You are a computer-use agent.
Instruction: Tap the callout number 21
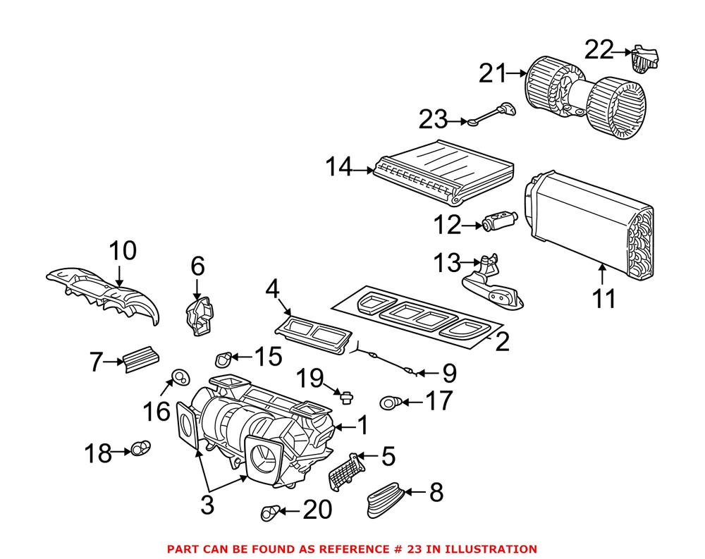click(493, 73)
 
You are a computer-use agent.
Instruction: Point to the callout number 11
click(603, 298)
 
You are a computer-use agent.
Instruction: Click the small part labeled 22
click(644, 59)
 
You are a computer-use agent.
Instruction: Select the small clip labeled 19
click(345, 398)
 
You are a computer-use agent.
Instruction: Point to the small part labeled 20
click(270, 514)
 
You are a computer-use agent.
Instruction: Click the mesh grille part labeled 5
click(346, 469)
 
